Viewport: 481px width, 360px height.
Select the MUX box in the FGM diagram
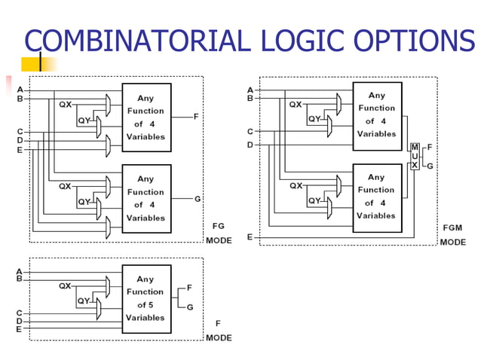(x=414, y=156)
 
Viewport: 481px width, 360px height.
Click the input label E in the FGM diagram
(x=250, y=237)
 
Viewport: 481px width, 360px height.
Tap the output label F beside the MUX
(x=430, y=147)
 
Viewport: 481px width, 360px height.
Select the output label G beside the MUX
(x=430, y=166)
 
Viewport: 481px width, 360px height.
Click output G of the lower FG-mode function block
(x=198, y=199)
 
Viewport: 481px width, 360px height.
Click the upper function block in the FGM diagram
(x=376, y=114)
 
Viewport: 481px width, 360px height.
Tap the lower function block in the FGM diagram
(x=376, y=197)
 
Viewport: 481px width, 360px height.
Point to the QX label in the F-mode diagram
(x=65, y=286)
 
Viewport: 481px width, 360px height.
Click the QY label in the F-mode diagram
(x=84, y=301)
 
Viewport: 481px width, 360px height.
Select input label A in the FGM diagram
(x=250, y=90)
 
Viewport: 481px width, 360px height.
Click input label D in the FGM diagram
(x=250, y=144)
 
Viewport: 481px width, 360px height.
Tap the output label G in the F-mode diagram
(x=190, y=307)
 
